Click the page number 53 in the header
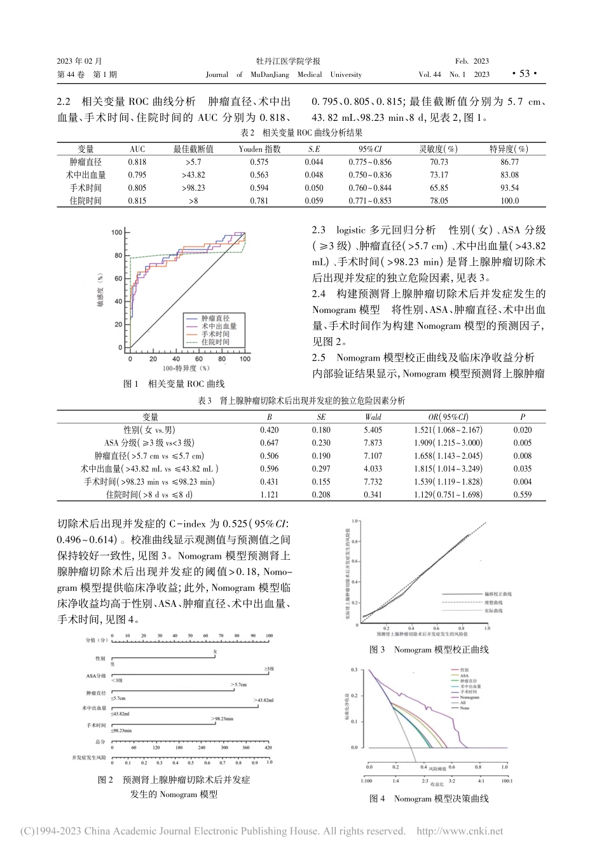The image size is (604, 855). click(524, 74)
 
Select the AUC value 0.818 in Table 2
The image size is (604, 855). click(137, 162)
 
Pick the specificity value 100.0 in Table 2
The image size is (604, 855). click(509, 201)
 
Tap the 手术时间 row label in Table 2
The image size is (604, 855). click(86, 188)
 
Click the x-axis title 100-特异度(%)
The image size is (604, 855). click(186, 368)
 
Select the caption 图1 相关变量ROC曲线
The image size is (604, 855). click(174, 384)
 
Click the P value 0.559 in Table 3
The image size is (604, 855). click(523, 495)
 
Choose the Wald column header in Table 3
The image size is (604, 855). click(373, 417)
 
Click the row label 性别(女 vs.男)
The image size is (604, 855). click(150, 430)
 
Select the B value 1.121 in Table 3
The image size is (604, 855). click(269, 495)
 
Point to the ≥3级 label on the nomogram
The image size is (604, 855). click(269, 669)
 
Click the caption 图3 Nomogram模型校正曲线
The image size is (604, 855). click(429, 650)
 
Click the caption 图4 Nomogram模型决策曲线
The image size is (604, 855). click(429, 798)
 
